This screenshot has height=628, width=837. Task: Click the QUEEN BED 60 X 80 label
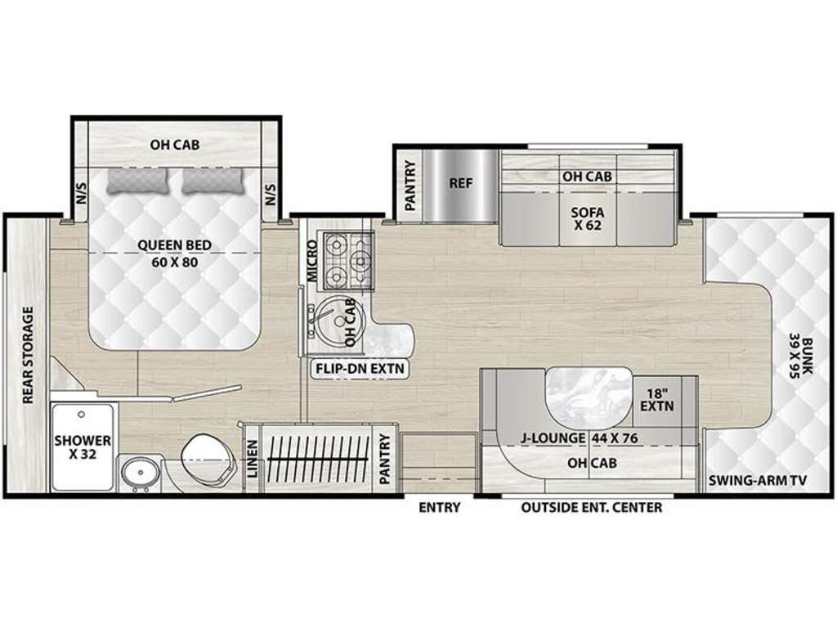(x=175, y=253)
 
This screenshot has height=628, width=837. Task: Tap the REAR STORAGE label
(x=28, y=355)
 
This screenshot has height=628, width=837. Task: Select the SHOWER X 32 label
(x=83, y=447)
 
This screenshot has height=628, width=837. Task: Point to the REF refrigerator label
(x=461, y=183)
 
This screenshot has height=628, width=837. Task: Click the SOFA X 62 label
(x=588, y=218)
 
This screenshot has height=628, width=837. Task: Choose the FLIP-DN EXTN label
(x=360, y=369)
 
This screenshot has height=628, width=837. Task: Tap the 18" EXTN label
(x=657, y=398)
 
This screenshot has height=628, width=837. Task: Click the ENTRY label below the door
(x=439, y=507)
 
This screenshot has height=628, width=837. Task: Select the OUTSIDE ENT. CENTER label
(x=592, y=507)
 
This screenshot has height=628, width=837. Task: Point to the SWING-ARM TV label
(x=758, y=480)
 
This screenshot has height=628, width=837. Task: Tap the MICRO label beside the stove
(x=311, y=261)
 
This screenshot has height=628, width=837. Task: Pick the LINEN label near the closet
(x=253, y=459)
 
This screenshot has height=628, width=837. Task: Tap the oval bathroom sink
(x=138, y=473)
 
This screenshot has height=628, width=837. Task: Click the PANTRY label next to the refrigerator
(x=410, y=186)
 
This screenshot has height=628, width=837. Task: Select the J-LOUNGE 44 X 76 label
(x=580, y=438)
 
